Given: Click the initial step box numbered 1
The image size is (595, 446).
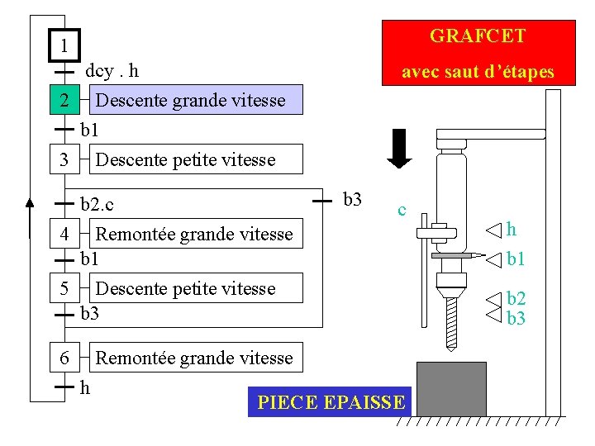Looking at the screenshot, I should (x=64, y=45).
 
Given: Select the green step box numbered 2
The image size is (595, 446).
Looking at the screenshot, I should (x=64, y=100).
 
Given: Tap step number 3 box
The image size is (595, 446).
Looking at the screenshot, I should (x=64, y=159).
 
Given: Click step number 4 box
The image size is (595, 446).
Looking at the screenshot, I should (x=64, y=234).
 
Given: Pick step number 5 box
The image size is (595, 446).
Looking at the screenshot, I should (x=64, y=288).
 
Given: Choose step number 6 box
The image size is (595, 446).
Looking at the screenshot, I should (x=64, y=358).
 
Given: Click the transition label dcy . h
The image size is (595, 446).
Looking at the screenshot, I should (x=112, y=72).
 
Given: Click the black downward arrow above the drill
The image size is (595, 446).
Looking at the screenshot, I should (x=400, y=148).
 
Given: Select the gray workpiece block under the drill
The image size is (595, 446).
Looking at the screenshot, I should (x=451, y=389).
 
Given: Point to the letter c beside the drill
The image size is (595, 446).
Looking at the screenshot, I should (x=401, y=210).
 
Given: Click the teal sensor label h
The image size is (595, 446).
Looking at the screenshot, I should (x=512, y=229).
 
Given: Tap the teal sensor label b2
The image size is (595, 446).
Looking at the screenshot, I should (x=516, y=298).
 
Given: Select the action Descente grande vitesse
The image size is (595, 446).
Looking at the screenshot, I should (x=190, y=101).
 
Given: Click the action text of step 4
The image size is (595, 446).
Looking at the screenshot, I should (x=194, y=235).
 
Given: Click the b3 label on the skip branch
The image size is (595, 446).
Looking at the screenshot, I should (x=352, y=199).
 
